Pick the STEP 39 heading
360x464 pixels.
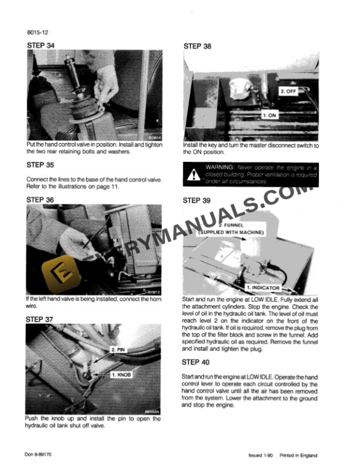[x=198, y=200]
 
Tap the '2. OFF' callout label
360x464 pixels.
[x=289, y=91]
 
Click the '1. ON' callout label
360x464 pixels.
[x=269, y=115]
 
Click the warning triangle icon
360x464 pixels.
[x=193, y=174]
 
